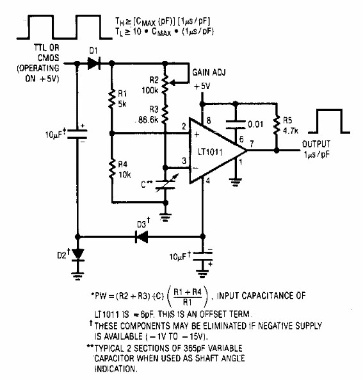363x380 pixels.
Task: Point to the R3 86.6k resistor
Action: (x=165, y=115)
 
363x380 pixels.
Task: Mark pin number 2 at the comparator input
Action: (x=184, y=128)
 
